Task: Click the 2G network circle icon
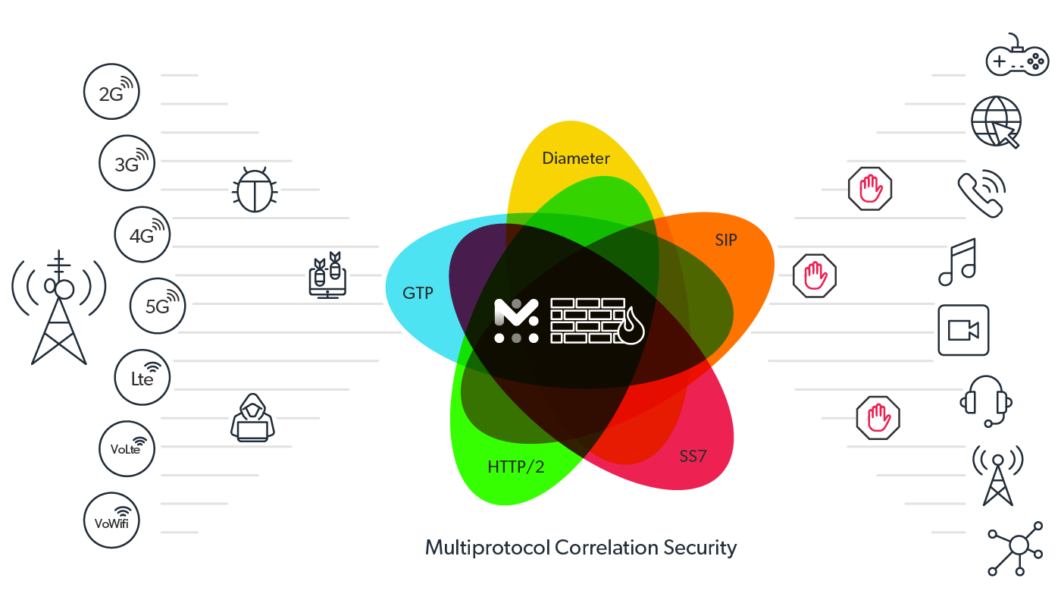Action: pos(111,91)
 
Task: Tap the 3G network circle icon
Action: pos(127,162)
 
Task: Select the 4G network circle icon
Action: pos(142,234)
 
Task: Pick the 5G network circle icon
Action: pos(158,306)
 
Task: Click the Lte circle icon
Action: pos(142,377)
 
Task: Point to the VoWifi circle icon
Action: pos(111,520)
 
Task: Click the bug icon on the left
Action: pos(254,190)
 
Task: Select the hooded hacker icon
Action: pos(252,418)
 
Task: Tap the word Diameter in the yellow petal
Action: pos(576,159)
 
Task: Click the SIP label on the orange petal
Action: pos(725,240)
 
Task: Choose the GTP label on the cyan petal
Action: pos(418,293)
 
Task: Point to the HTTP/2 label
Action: pos(515,467)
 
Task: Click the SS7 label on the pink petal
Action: pos(693,457)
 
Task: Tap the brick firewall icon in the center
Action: pos(596,320)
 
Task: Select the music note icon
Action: pos(957,262)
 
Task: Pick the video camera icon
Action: pos(963,330)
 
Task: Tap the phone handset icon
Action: pos(981,195)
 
